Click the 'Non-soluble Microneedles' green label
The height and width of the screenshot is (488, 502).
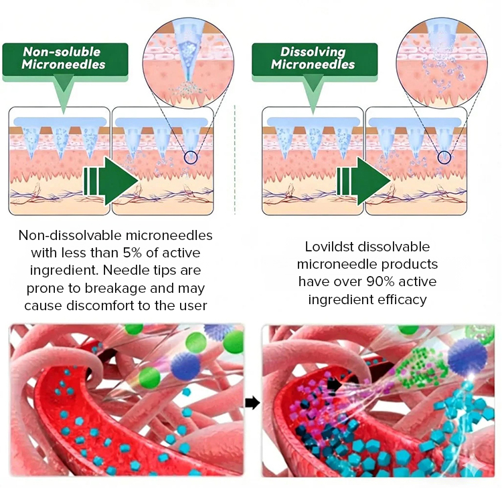64,58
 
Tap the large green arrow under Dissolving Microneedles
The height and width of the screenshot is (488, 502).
363,178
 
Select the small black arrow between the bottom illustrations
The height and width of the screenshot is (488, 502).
252,402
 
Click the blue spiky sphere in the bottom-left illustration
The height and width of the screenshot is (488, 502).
186,365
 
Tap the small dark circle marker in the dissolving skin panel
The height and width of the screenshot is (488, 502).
442,158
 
